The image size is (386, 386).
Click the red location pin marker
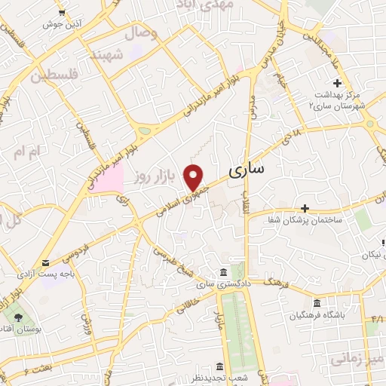[x=195, y=176]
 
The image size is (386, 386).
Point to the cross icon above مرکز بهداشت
[x=337, y=83]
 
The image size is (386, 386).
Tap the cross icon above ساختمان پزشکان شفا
[x=305, y=208]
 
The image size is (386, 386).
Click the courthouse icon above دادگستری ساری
[x=224, y=272]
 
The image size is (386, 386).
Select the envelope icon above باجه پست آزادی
[x=47, y=263]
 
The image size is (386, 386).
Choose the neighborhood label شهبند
[x=106, y=56]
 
